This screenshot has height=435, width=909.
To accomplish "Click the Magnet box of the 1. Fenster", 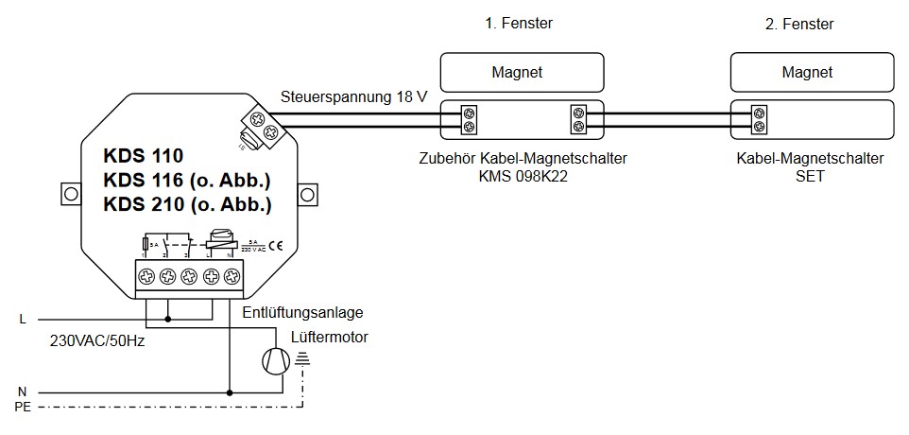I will coord(523,72).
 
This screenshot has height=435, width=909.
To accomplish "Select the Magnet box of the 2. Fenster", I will coord(813,72).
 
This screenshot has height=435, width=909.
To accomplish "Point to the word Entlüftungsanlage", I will coord(302,312).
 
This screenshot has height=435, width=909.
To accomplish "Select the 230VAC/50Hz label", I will coord(97,339).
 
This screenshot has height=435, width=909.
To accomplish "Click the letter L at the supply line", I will coord(23,320).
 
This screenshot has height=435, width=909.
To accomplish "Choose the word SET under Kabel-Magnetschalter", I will coord(811,177).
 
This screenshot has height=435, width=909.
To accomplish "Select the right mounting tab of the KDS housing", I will coord(308,194).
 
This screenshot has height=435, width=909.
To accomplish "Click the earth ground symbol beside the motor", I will coord(302,357).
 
